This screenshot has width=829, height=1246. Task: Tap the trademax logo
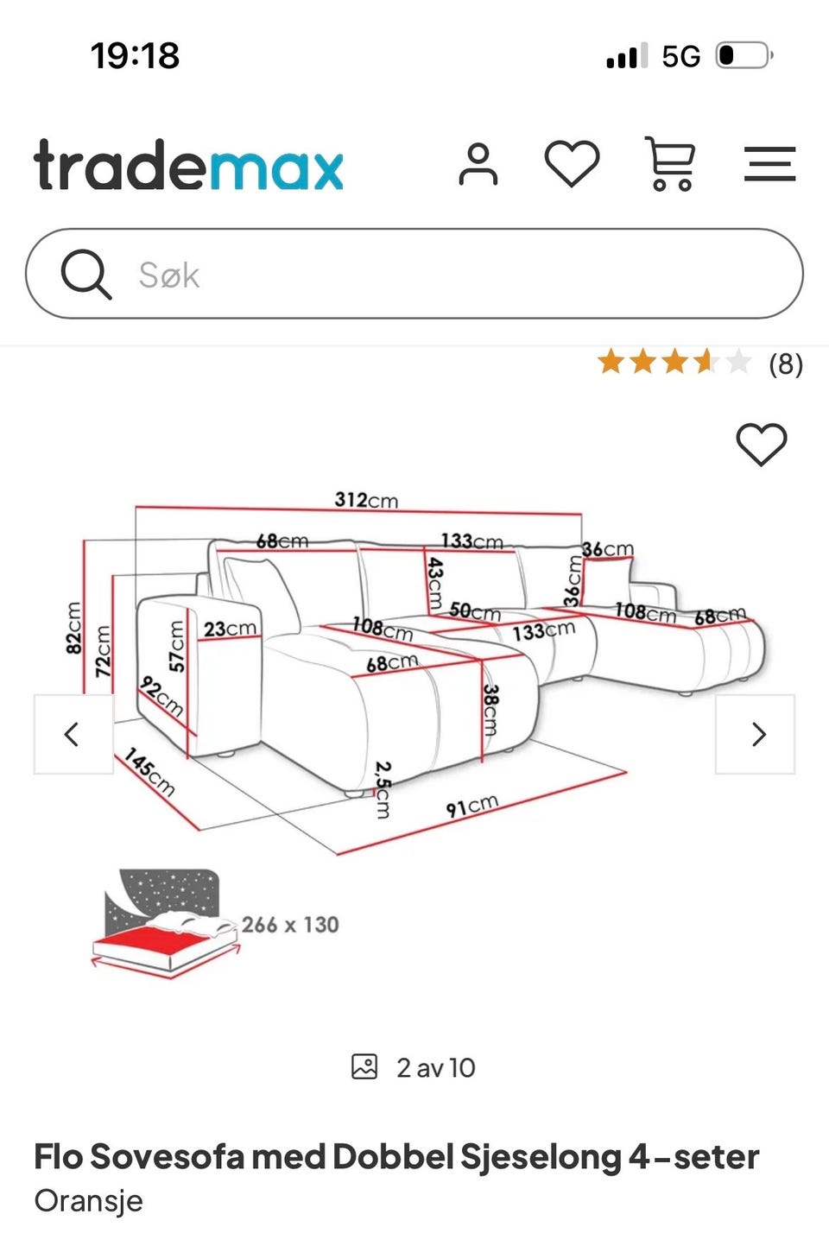click(188, 165)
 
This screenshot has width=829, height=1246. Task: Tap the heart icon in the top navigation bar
click(572, 163)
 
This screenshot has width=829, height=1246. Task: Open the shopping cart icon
click(670, 163)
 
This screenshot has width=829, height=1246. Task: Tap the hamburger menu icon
click(770, 163)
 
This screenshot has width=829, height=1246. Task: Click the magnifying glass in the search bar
click(85, 274)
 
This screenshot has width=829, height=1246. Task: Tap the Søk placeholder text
click(168, 275)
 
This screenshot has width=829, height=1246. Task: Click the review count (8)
click(786, 364)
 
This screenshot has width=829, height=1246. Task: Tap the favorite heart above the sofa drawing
click(761, 444)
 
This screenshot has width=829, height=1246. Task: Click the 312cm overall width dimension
click(366, 499)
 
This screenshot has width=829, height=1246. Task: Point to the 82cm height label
click(73, 628)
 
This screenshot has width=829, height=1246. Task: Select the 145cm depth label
click(149, 772)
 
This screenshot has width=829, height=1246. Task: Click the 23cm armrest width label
click(230, 629)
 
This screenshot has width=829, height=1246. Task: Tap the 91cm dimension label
click(471, 806)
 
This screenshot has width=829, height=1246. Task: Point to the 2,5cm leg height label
click(383, 790)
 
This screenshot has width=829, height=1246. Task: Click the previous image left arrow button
click(73, 734)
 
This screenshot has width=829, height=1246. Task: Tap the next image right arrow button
click(755, 734)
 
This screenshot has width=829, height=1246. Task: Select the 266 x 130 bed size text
click(290, 925)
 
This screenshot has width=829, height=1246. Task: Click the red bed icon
click(166, 923)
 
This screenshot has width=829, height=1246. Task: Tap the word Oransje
click(88, 1200)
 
